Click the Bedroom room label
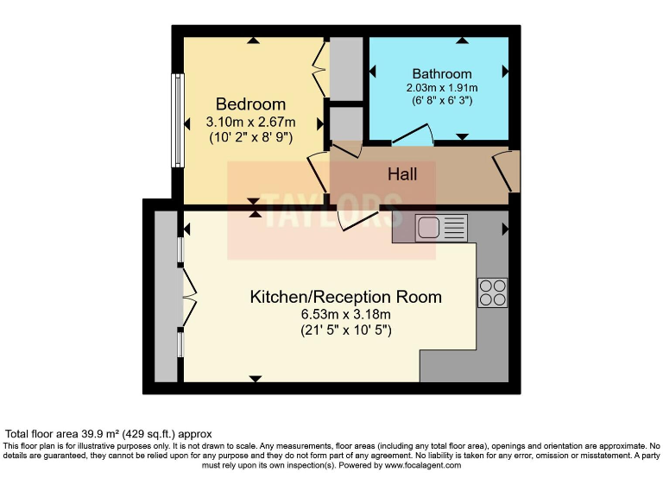250,104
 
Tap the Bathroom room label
442,73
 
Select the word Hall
402,174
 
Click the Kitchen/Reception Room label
345,297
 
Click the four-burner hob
492,293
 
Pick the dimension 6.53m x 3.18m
345,314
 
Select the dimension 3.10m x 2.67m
250,122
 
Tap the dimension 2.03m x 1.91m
442,88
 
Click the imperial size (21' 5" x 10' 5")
345,330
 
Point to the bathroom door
413,135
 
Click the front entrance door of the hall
508,171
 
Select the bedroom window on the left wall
177,120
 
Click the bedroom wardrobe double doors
319,68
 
